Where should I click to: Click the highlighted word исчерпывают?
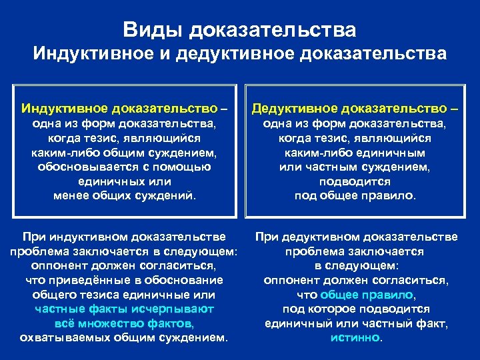click(171, 309)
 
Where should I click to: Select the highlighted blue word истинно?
click(355, 337)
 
